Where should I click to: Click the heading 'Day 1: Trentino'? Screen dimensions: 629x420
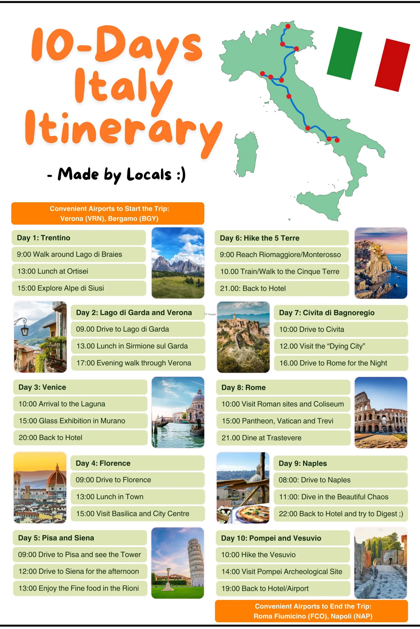click(x=44, y=238)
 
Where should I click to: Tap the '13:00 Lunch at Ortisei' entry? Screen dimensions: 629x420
click(x=53, y=271)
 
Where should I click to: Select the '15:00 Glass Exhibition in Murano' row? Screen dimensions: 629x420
click(x=72, y=421)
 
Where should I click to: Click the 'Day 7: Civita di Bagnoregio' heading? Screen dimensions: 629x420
click(x=327, y=313)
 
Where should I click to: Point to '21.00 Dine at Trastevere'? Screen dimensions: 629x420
click(x=262, y=438)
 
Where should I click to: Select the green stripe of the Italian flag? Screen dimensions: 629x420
click(x=344, y=53)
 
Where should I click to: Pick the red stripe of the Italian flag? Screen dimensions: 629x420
click(x=392, y=65)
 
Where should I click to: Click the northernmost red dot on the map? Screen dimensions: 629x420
click(x=288, y=26)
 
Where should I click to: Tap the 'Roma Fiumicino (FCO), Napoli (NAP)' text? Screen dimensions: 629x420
click(x=313, y=616)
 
